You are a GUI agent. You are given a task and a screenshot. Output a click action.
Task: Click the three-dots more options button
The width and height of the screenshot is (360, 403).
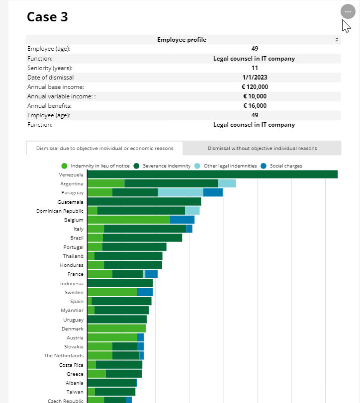pos(347,11)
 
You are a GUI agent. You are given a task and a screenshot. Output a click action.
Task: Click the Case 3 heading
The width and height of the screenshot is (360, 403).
pos(47,17)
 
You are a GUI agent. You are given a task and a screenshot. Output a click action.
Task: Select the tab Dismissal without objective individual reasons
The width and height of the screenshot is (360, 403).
pos(262,149)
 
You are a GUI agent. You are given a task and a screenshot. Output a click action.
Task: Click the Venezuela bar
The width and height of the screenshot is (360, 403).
pos(212,174)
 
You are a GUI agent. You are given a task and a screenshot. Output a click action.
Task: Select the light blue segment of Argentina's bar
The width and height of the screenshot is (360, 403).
pos(227,183)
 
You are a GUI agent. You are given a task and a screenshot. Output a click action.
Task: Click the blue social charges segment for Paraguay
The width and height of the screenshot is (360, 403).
pos(213,193)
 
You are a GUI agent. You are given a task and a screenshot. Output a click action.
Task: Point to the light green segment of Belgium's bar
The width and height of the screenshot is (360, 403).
pos(128,220)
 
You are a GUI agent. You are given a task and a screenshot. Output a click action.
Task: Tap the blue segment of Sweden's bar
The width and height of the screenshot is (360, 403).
pos(145,292)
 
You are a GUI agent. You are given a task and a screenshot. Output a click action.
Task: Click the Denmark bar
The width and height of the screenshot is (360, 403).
pos(116,328)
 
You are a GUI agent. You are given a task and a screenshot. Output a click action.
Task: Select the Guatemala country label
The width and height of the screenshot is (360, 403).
pos(70,202)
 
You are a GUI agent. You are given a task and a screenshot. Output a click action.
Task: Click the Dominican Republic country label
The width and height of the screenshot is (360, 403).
pos(60,211)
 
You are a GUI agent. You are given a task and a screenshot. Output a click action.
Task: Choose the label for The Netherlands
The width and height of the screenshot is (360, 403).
pos(64,356)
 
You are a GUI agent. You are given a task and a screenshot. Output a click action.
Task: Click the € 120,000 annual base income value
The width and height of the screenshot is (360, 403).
pos(255,87)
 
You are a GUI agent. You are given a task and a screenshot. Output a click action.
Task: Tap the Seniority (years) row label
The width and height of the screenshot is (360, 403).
pos(50,68)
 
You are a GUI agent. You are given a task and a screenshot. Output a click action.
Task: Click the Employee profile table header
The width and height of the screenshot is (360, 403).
pos(182,40)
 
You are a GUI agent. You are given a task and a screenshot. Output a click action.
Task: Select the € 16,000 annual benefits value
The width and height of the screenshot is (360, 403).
pos(255,106)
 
